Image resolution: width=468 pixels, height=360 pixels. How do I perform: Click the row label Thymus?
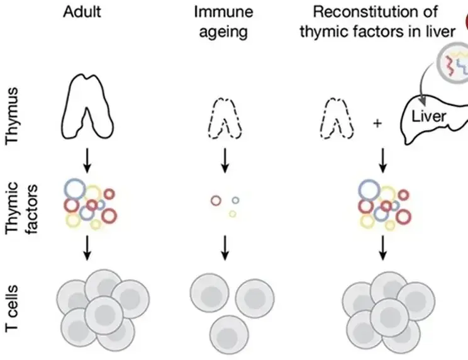(x=17, y=116)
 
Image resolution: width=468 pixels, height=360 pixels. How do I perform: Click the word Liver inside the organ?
(x=429, y=116)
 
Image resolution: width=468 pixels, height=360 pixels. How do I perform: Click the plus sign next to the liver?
(x=377, y=123)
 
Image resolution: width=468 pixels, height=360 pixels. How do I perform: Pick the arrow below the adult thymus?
(x=87, y=162)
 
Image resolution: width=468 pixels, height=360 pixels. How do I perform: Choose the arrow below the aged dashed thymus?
(x=225, y=162)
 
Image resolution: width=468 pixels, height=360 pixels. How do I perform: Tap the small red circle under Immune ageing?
(x=216, y=201)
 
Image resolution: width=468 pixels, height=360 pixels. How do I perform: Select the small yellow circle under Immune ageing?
(x=232, y=214)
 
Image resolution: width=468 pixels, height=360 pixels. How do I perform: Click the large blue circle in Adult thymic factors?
(x=75, y=188)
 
